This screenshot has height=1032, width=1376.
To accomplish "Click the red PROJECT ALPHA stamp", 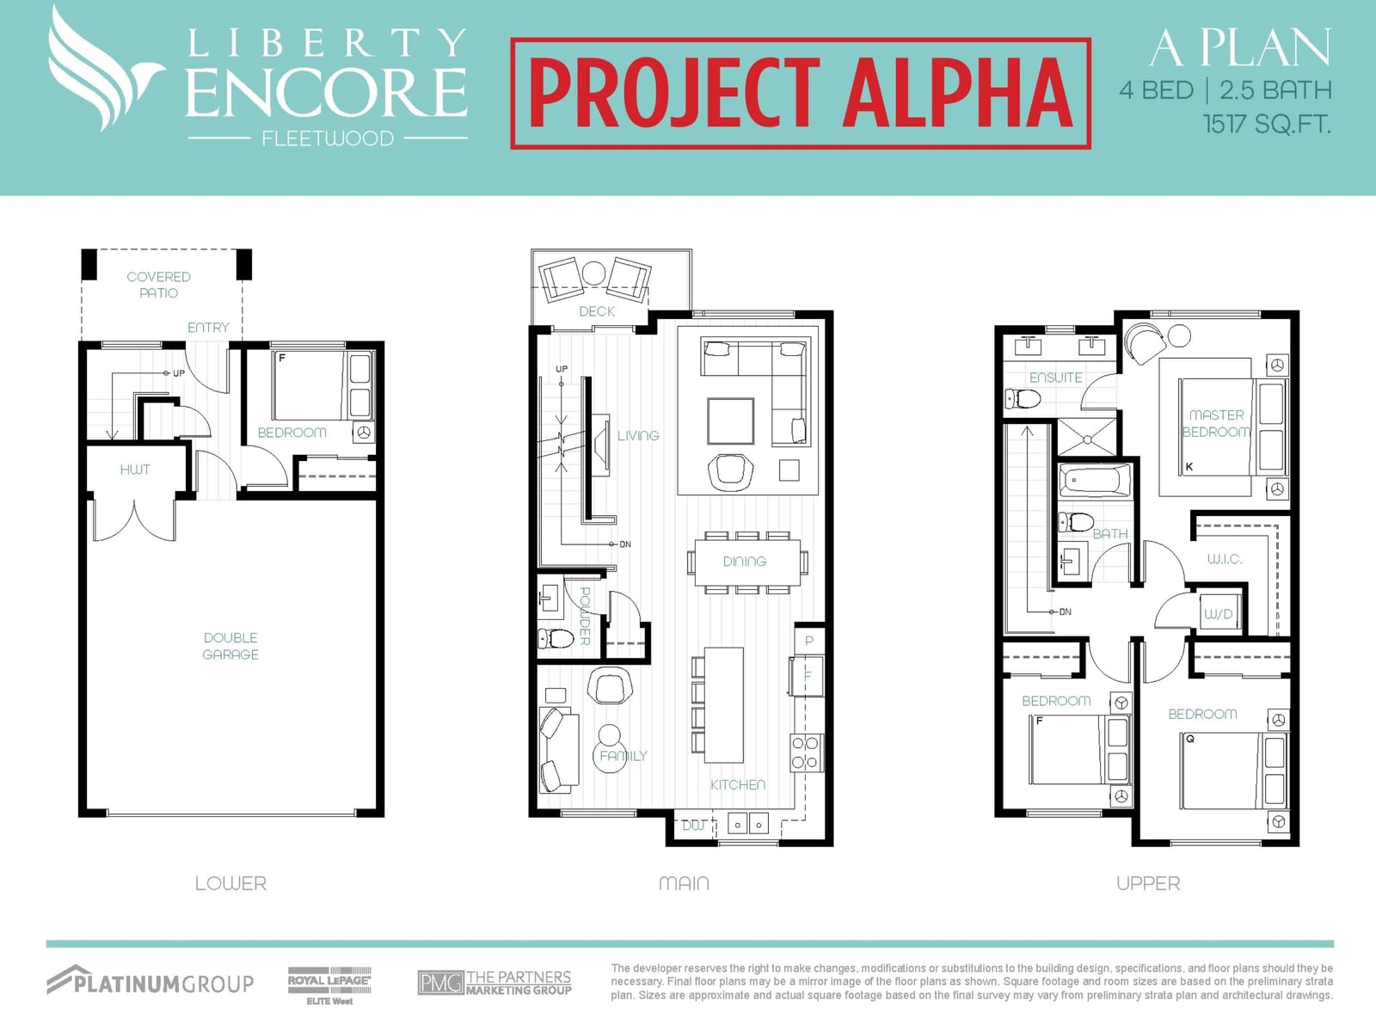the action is pyautogui.click(x=801, y=94).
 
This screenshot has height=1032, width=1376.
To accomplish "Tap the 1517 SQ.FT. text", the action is pyautogui.click(x=1267, y=124).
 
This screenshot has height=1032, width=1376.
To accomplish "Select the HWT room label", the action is pyautogui.click(x=135, y=470).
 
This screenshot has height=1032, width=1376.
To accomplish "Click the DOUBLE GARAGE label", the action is pyautogui.click(x=230, y=646).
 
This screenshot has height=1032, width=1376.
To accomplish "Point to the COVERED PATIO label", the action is pyautogui.click(x=158, y=285).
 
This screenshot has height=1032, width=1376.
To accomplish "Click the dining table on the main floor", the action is pyautogui.click(x=744, y=562).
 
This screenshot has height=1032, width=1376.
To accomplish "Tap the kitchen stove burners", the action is pyautogui.click(x=805, y=752).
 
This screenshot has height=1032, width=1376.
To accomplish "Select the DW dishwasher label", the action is pyautogui.click(x=694, y=826).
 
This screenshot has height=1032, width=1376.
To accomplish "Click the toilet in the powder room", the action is pyautogui.click(x=556, y=639).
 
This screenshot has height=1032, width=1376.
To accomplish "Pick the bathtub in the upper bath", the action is pyautogui.click(x=1095, y=482).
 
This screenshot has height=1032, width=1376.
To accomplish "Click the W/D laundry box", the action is pyautogui.click(x=1219, y=613).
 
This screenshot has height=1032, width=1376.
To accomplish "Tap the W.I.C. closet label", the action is pyautogui.click(x=1225, y=559).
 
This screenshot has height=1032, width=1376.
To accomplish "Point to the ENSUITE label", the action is pyautogui.click(x=1056, y=378).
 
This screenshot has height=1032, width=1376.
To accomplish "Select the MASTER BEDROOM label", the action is pyautogui.click(x=1217, y=424).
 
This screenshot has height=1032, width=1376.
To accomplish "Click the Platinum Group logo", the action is pyautogui.click(x=150, y=981).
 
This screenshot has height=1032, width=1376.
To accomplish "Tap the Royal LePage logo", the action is pyautogui.click(x=329, y=985).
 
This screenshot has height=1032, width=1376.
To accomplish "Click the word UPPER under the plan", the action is pyautogui.click(x=1148, y=883).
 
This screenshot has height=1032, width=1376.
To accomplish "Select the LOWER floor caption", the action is pyautogui.click(x=230, y=883).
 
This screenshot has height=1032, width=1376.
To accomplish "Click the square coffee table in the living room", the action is pyautogui.click(x=730, y=421).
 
